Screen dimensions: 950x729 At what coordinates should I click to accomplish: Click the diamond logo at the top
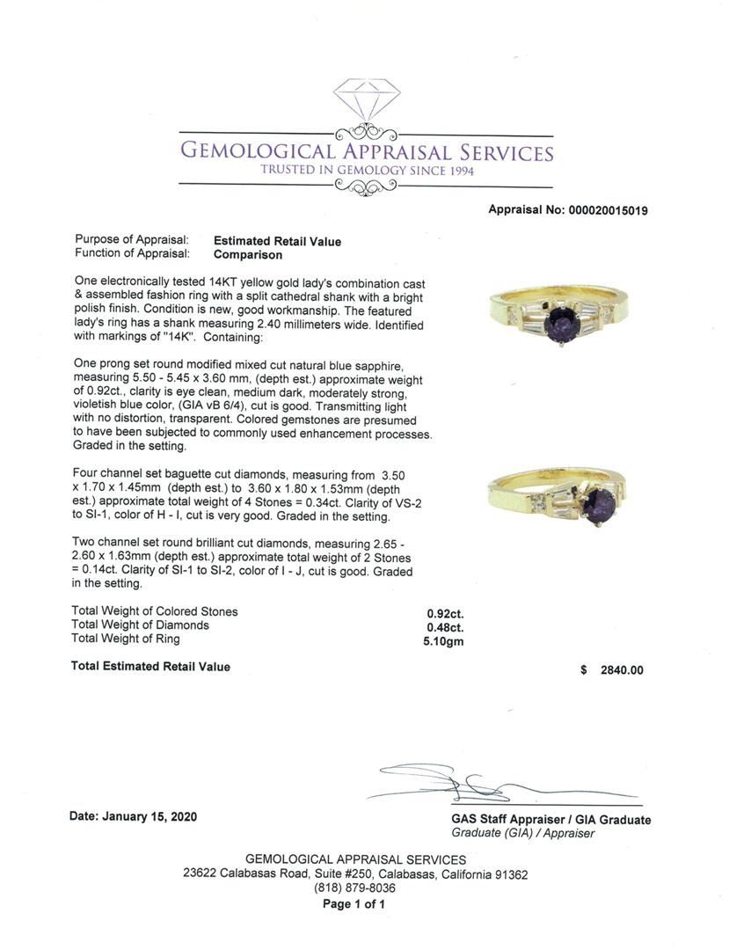click(366, 105)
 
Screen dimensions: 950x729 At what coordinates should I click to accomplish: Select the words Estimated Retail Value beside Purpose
click(277, 241)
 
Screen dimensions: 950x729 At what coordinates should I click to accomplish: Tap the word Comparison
click(248, 255)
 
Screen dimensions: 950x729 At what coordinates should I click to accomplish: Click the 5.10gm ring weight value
click(443, 641)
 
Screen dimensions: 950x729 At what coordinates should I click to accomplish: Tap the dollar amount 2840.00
click(621, 670)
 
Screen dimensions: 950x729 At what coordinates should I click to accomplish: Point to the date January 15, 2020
click(133, 816)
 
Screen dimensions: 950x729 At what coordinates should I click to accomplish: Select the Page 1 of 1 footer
click(354, 904)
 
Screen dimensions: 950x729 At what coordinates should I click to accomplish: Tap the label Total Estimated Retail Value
click(150, 667)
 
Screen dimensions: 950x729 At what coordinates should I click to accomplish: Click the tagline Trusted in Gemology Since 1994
click(366, 171)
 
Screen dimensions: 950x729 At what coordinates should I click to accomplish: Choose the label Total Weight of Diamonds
click(140, 625)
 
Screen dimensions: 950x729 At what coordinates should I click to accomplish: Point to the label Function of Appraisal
click(132, 254)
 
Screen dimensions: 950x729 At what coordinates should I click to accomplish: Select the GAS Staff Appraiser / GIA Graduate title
click(551, 820)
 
